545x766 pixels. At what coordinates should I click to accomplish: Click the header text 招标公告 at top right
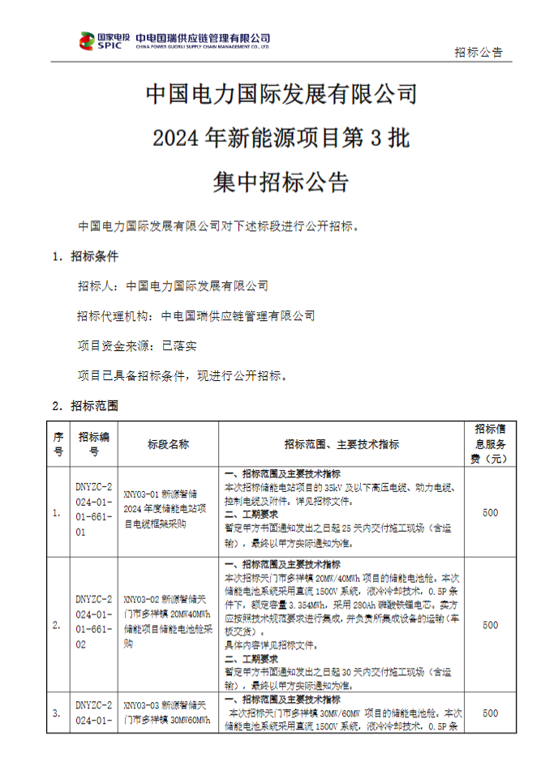tap(478, 52)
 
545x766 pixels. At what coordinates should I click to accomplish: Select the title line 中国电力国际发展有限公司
tap(281, 95)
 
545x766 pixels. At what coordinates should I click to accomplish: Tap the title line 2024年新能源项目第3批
tap(281, 139)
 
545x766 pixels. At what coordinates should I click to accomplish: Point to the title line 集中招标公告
tap(281, 182)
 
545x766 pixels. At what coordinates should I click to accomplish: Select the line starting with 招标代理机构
tap(196, 316)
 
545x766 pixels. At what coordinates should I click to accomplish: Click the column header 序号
tap(58, 444)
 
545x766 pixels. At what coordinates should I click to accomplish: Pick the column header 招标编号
tap(94, 444)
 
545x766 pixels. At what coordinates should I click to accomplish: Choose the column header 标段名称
tap(168, 444)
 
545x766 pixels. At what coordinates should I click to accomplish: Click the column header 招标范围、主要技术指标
tap(341, 444)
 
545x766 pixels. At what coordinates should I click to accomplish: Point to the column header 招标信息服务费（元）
tap(490, 444)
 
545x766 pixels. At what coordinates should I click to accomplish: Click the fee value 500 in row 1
tap(490, 513)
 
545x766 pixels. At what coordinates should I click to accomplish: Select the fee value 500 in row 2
tap(490, 625)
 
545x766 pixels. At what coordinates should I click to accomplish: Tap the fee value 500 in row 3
tap(490, 713)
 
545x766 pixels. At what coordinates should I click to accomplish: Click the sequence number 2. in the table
tap(57, 625)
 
